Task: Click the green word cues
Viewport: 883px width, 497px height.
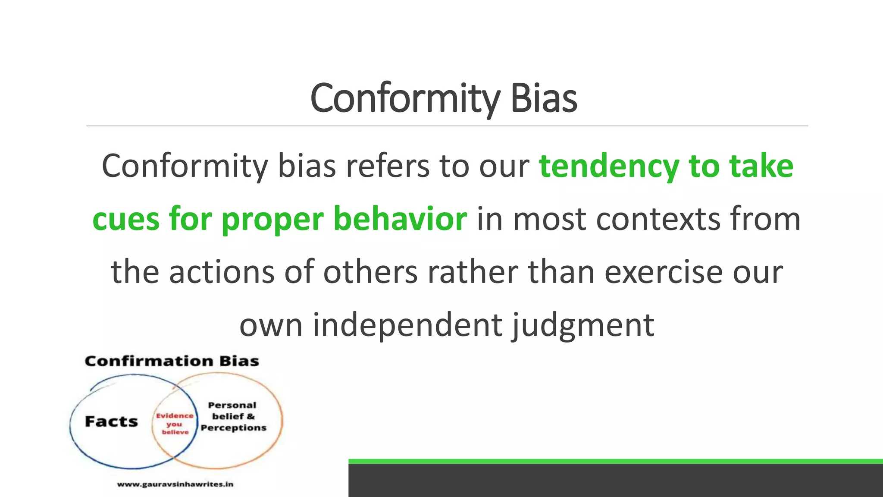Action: coord(126,219)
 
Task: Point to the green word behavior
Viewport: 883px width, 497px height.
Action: coord(400,219)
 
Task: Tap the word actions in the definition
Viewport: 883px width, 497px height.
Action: coord(222,272)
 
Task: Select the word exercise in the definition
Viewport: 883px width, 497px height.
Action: coord(663,272)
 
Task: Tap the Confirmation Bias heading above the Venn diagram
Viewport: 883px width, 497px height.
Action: coord(172,361)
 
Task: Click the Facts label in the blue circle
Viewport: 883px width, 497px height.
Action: coord(111,422)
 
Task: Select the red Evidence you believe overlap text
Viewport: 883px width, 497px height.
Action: coord(175,424)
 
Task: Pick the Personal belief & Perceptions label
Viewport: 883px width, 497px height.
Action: coord(233,416)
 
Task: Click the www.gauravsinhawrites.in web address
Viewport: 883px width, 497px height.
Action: coord(175,484)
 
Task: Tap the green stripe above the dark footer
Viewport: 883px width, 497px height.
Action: coord(615,461)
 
